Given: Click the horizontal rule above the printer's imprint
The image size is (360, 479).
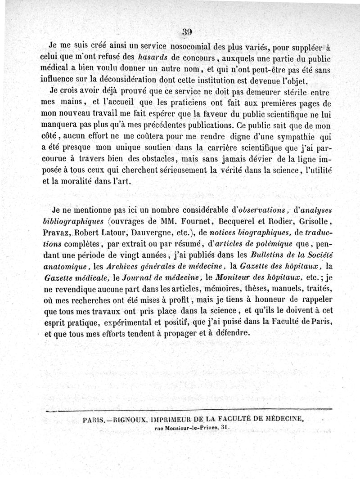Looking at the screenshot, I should pos(189,410).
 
